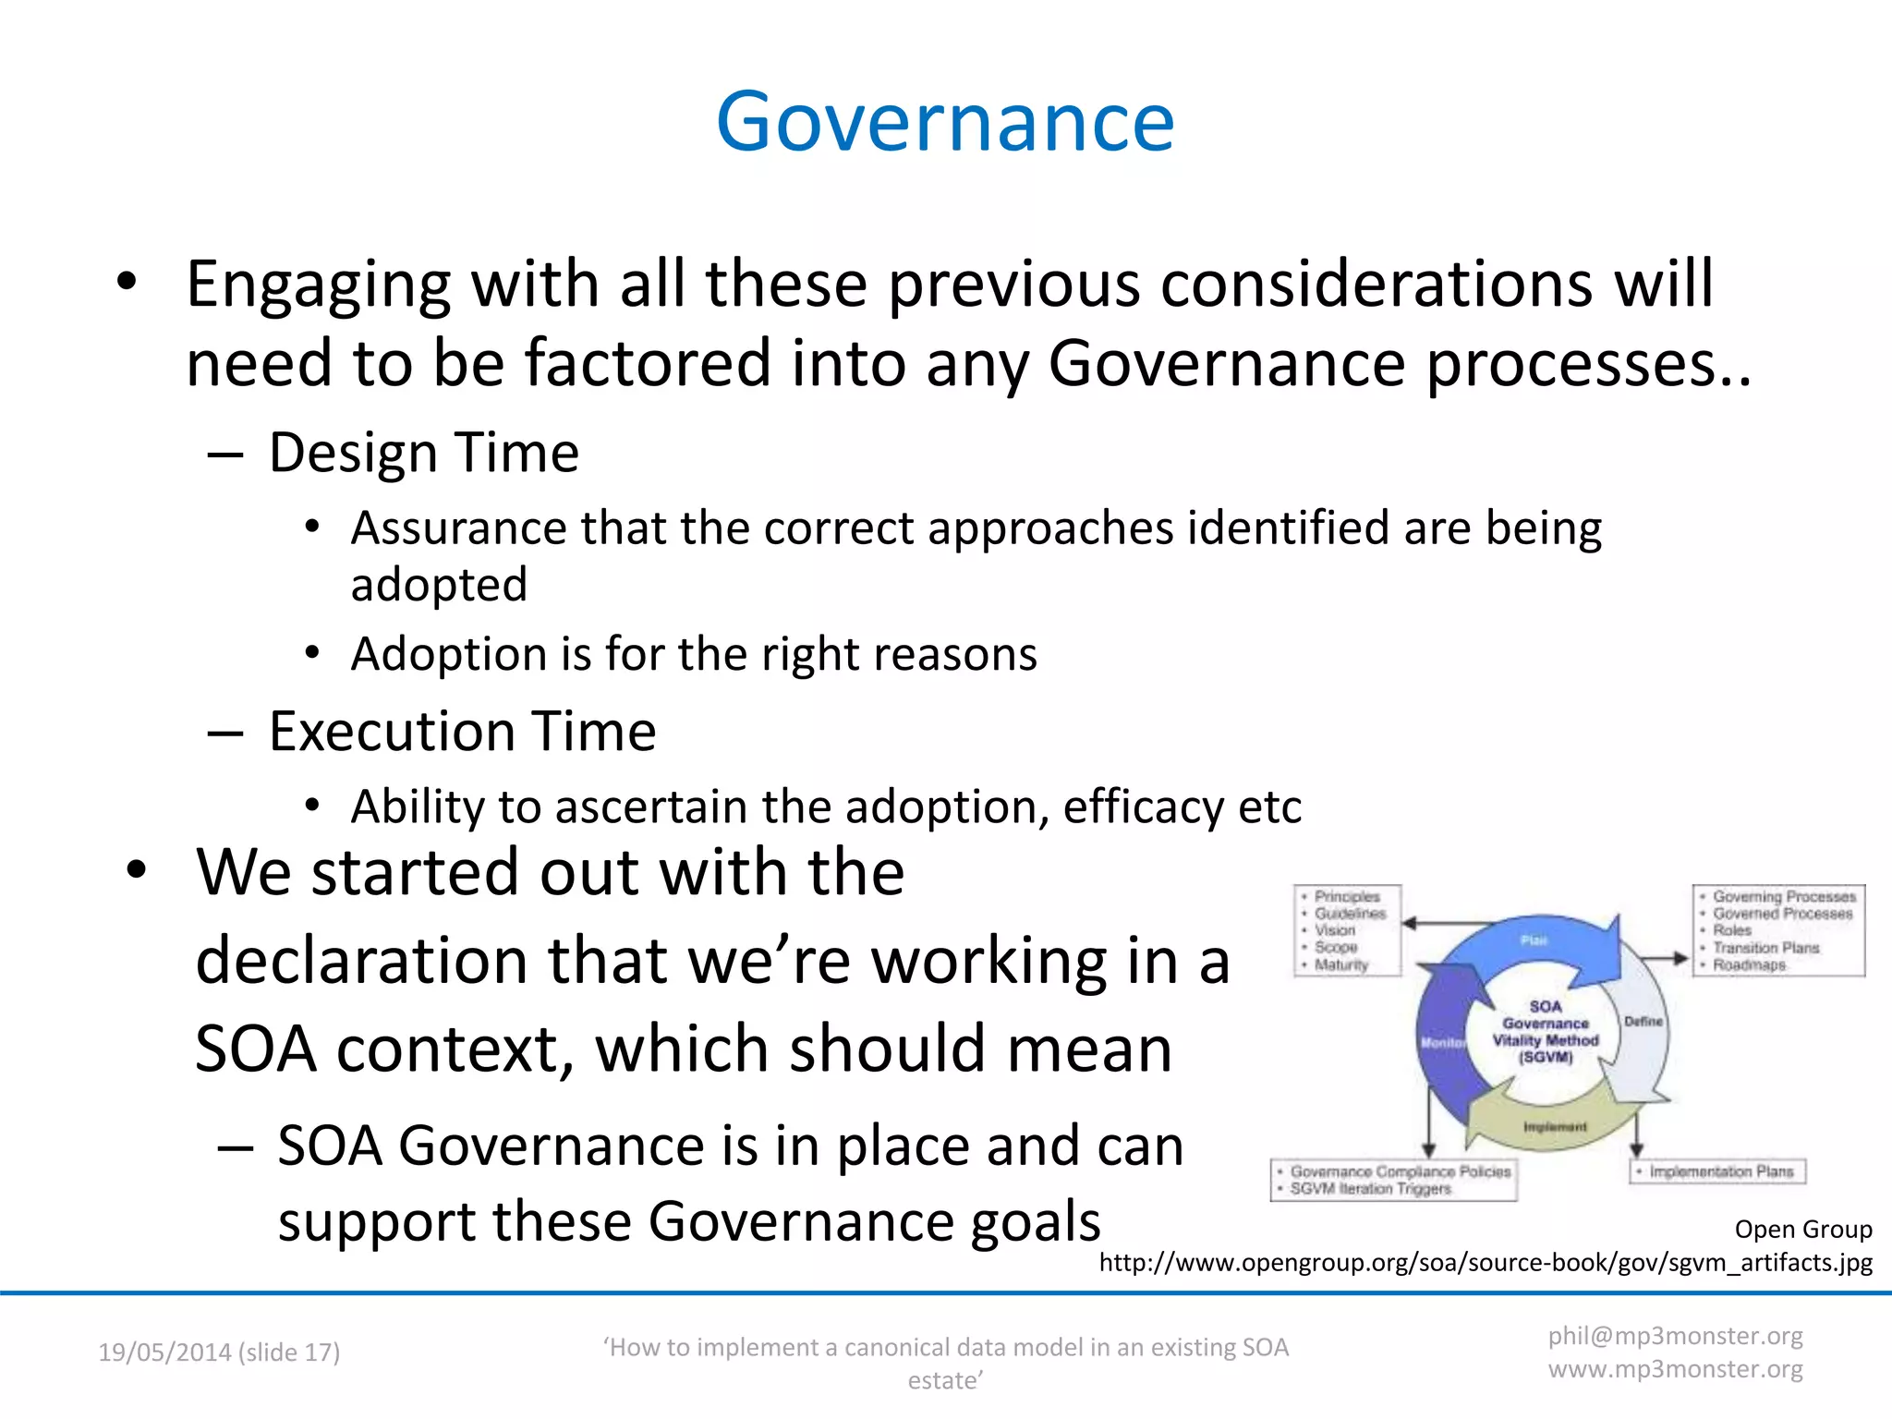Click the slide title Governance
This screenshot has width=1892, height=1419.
(944, 122)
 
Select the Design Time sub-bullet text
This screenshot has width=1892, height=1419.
(423, 453)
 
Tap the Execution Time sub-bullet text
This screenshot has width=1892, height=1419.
(462, 732)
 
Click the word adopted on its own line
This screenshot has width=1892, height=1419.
(439, 585)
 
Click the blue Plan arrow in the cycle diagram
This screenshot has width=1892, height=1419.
(1534, 942)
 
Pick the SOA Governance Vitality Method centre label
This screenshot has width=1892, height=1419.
(1546, 1032)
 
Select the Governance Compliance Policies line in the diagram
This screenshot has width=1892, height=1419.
(1400, 1171)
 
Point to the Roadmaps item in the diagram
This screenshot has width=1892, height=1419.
(1749, 964)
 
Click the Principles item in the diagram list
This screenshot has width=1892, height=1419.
(1347, 896)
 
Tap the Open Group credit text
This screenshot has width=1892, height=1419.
(1802, 1230)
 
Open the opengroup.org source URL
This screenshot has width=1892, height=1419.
(1486, 1263)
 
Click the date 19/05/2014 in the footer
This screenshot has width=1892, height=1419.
(164, 1352)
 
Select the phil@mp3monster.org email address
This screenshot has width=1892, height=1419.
(1675, 1336)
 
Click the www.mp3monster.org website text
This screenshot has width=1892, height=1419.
(1675, 1369)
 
